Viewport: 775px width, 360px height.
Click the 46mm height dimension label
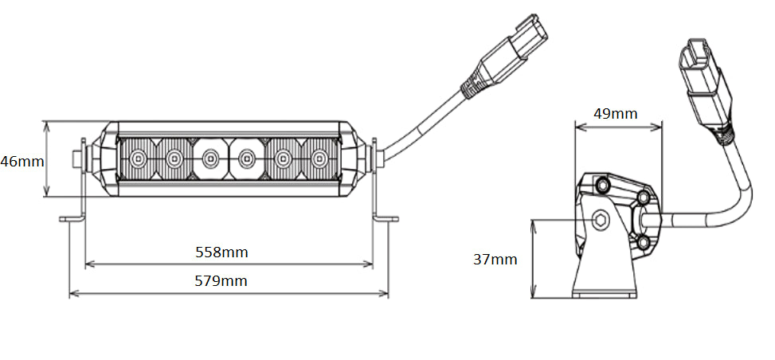[22, 161]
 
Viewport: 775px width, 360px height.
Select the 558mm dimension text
[221, 252]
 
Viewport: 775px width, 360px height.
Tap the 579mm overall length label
[221, 281]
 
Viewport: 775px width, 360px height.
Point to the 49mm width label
[616, 114]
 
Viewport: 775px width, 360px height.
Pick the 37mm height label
[495, 259]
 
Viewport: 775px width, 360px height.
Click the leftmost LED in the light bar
[138, 158]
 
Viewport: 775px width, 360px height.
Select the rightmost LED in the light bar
[319, 158]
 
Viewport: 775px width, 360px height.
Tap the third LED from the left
[210, 158]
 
